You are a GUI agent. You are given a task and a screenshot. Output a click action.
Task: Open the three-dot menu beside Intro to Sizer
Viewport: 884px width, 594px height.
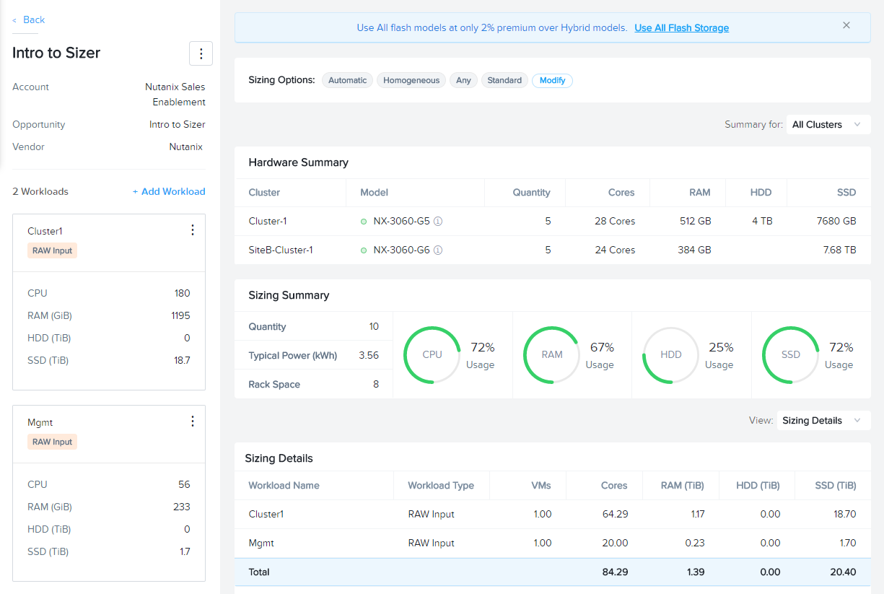click(x=201, y=53)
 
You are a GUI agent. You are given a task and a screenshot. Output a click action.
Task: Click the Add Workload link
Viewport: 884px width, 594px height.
click(x=169, y=191)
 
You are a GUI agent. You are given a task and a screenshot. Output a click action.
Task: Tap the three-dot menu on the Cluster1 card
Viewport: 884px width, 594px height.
click(x=193, y=230)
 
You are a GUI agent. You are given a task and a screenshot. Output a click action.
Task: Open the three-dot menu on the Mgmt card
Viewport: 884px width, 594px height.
click(x=193, y=422)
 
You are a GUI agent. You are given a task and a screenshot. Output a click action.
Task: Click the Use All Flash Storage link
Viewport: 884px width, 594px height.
click(x=681, y=28)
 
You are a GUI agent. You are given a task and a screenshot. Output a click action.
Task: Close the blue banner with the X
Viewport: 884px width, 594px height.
click(x=846, y=25)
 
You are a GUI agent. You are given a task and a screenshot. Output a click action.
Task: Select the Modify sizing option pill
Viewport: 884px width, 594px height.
click(x=552, y=81)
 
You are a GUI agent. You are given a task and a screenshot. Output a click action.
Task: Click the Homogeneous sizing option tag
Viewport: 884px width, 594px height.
click(x=411, y=81)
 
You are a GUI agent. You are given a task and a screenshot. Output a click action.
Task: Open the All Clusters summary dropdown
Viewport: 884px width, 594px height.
click(x=828, y=125)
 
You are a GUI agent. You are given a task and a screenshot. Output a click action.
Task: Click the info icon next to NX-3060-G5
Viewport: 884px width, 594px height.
click(x=438, y=222)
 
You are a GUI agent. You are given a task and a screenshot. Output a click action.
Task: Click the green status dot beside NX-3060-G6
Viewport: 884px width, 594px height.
click(x=364, y=250)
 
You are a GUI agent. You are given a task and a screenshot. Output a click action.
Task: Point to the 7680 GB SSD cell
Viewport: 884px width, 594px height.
click(x=836, y=221)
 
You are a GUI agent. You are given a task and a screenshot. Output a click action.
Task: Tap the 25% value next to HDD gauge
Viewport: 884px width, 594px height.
click(x=721, y=347)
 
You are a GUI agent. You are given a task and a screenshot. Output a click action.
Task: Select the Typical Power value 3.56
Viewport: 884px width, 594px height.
click(x=369, y=355)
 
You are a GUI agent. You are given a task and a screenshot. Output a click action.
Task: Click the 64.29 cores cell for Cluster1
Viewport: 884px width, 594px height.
click(x=615, y=515)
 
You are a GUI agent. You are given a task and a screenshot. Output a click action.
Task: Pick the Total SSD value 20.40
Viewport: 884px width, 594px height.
click(x=843, y=572)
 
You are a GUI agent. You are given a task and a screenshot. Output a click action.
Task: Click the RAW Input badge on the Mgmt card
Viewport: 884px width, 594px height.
click(x=52, y=442)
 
